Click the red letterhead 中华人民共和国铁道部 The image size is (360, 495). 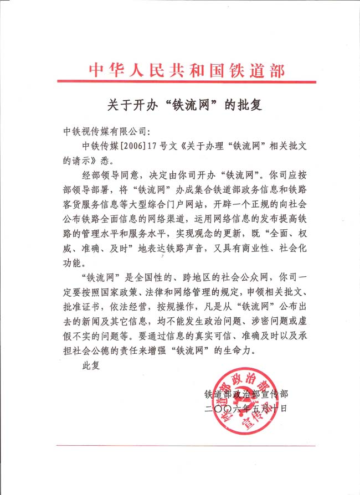coord(187,70)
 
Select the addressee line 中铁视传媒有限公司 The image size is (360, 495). coord(104,132)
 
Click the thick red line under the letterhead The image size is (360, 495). coord(187,82)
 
